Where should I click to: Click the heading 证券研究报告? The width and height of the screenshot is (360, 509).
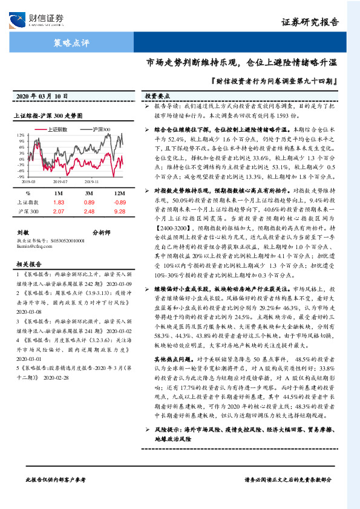(x=309, y=23)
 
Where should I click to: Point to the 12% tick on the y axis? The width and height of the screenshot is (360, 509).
(x=20, y=135)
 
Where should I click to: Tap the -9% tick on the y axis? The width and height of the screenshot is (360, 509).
(x=20, y=177)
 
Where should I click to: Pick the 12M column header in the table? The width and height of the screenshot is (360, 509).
(x=120, y=193)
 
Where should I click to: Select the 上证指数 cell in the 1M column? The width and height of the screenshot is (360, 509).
(x=59, y=202)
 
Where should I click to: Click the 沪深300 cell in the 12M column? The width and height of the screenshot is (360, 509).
(x=120, y=212)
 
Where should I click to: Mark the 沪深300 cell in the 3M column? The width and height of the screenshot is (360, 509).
(x=90, y=212)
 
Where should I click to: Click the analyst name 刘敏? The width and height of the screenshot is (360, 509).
(x=23, y=232)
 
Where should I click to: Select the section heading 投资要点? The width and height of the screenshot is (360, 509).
(x=157, y=96)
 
